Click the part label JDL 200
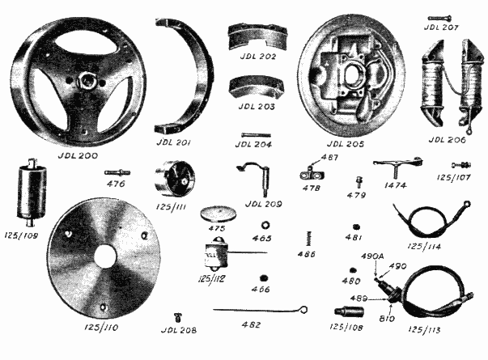click(78, 155)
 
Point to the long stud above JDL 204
click(256, 135)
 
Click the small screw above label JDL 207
click(440, 19)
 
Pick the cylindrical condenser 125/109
click(32, 193)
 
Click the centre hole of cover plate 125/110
click(105, 257)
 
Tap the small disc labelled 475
click(219, 214)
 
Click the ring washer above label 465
click(265, 225)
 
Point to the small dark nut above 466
click(264, 277)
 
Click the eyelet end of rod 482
click(303, 310)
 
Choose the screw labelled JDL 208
click(178, 318)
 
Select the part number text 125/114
click(424, 247)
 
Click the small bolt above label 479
click(359, 182)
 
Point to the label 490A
click(372, 256)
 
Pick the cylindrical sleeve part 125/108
click(349, 311)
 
